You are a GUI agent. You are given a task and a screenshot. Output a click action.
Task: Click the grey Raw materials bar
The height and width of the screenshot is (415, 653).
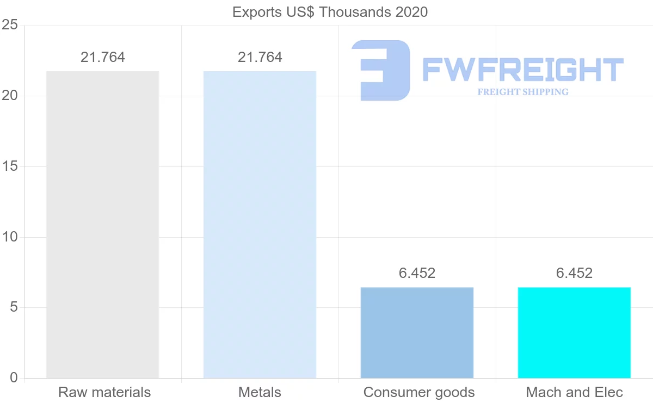point(103,225)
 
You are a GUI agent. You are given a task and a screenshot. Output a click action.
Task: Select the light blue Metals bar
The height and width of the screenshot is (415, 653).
point(260,225)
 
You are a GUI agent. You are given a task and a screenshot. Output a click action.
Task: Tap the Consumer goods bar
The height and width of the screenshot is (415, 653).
point(417,333)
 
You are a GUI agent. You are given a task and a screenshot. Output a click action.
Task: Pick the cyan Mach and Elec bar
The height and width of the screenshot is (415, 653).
point(574,333)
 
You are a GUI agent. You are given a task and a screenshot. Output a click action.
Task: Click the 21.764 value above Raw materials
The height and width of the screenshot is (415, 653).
point(103,57)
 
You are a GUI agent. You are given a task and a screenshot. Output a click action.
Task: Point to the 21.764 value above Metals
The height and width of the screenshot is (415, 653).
point(260,57)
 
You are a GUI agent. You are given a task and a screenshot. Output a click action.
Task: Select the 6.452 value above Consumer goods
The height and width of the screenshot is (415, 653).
point(417,273)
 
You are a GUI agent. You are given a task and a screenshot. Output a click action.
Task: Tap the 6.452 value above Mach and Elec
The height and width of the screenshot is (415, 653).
point(574,273)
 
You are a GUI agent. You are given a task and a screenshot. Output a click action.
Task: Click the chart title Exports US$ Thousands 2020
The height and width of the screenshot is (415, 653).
point(330,13)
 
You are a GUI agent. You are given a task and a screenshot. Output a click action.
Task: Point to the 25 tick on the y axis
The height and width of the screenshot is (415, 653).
point(10,25)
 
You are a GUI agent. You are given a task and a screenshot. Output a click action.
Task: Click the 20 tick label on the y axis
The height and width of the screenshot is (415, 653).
point(10,96)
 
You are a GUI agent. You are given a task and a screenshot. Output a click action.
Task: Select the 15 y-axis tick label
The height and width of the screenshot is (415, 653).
point(10,166)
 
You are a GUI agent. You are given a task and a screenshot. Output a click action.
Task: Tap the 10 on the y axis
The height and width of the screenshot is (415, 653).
point(10,237)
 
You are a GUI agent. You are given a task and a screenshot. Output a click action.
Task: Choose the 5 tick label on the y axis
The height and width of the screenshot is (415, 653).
point(14,307)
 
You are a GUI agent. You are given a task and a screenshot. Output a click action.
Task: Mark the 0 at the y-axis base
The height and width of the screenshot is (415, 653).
point(14,378)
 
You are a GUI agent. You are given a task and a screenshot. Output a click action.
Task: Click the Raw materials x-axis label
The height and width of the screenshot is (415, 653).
point(104,392)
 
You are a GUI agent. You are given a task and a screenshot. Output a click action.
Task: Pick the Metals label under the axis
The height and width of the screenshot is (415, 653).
point(260,392)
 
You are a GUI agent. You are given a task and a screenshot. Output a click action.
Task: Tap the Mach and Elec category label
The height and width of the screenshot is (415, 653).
point(574,392)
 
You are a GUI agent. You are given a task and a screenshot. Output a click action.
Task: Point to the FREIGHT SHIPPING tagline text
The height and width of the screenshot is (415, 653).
point(523,92)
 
